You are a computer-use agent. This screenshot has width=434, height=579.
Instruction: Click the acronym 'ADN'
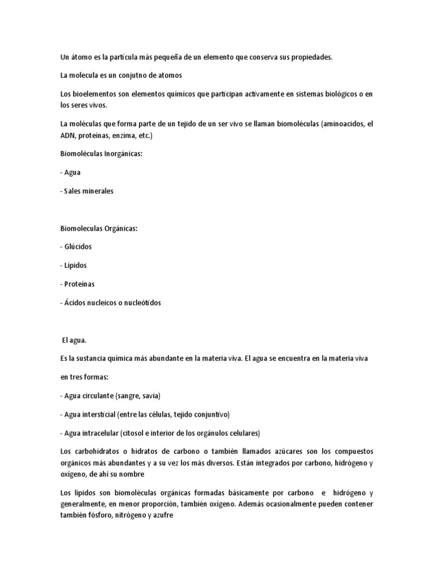pyautogui.click(x=67, y=136)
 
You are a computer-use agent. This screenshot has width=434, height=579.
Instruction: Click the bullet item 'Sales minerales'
pyautogui.click(x=88, y=191)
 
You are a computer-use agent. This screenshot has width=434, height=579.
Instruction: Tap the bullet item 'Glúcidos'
pyautogui.click(x=77, y=247)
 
